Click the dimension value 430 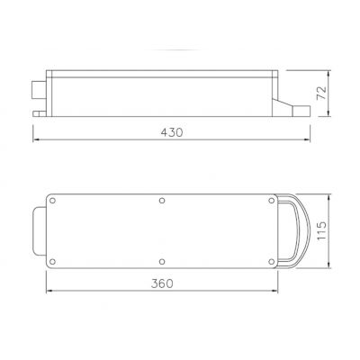(172, 132)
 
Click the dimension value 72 (321, 93)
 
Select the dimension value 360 (162, 283)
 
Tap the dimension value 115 (321, 230)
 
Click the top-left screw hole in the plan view (52, 201)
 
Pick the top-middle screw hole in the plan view (162, 201)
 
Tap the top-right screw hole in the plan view (272, 201)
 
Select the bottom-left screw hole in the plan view (52, 262)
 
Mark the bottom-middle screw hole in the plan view (162, 262)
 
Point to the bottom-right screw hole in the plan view (272, 262)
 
